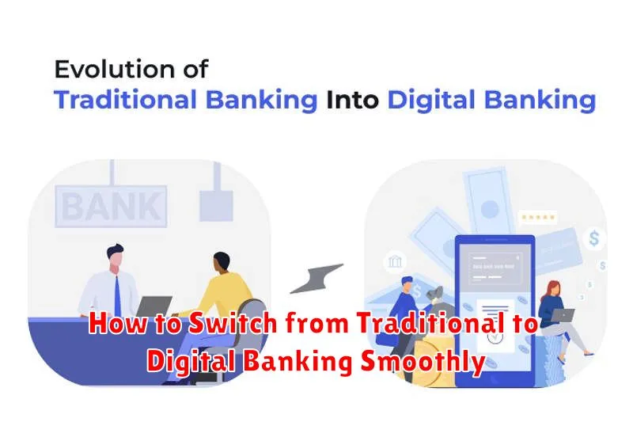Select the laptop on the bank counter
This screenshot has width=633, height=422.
[155, 307]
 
